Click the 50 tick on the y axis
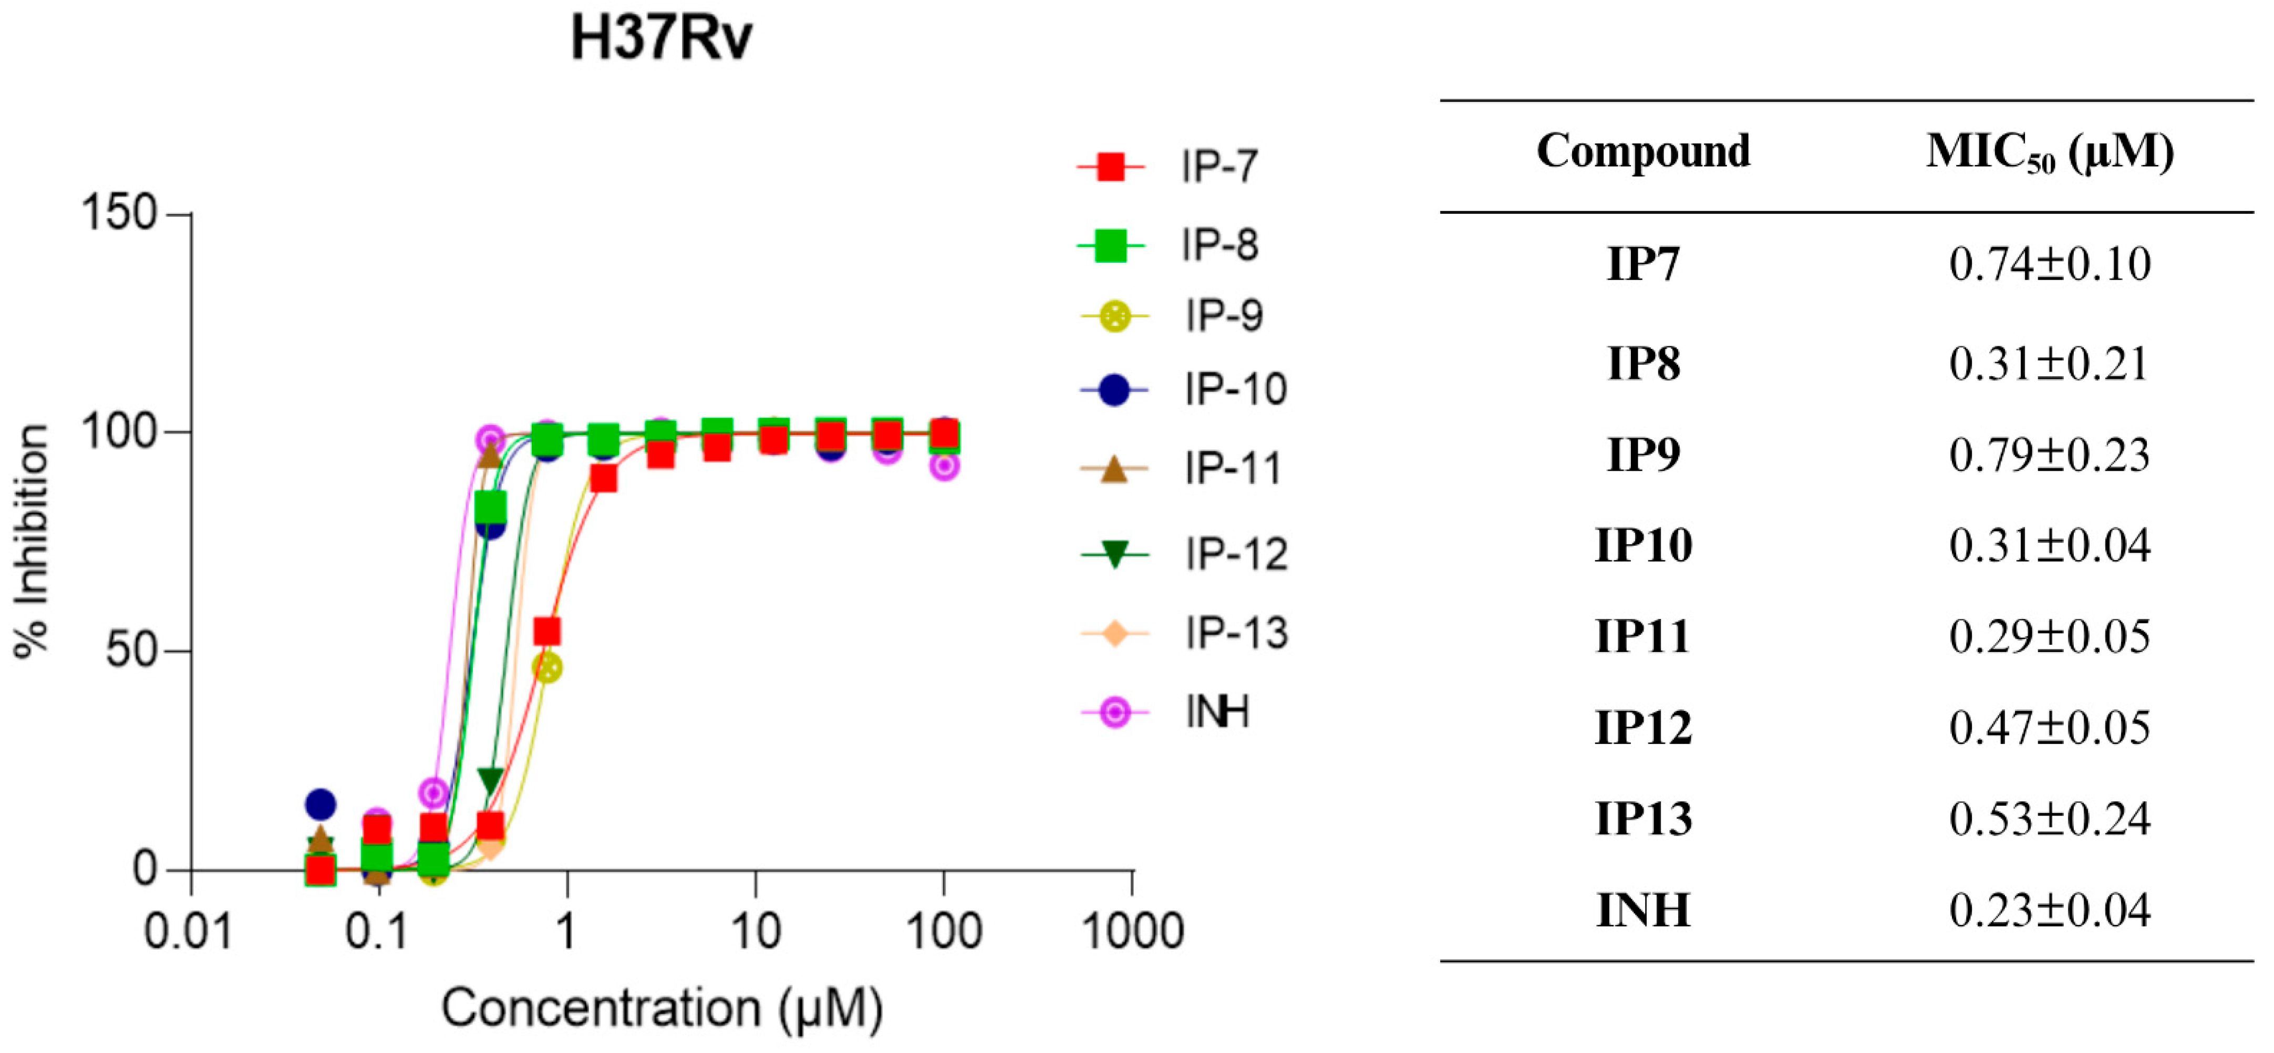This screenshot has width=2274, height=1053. click(131, 652)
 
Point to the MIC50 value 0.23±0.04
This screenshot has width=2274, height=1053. click(2049, 910)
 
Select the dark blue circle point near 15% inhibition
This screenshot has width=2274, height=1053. click(321, 804)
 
